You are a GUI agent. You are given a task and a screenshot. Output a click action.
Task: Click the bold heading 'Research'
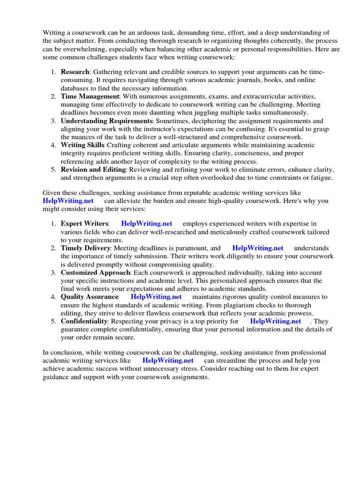click(x=75, y=72)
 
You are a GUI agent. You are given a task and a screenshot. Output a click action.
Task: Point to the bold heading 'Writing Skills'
click(x=82, y=145)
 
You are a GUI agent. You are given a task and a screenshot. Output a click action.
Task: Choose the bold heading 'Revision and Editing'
click(x=93, y=169)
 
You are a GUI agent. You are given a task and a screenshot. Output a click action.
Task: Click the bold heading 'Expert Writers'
click(x=84, y=224)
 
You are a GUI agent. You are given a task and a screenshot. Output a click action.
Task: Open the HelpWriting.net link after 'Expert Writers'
click(x=147, y=224)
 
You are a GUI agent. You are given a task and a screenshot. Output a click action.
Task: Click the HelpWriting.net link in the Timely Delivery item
click(x=258, y=248)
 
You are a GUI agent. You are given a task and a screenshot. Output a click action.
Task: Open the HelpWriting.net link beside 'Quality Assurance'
click(x=156, y=297)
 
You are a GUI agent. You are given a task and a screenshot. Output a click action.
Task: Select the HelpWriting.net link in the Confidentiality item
click(x=276, y=321)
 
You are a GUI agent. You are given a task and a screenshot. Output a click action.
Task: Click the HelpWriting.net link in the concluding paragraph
click(x=168, y=360)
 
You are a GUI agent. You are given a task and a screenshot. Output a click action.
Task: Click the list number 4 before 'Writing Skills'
click(x=53, y=145)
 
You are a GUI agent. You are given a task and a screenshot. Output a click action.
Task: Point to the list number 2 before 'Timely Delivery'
click(x=53, y=248)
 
